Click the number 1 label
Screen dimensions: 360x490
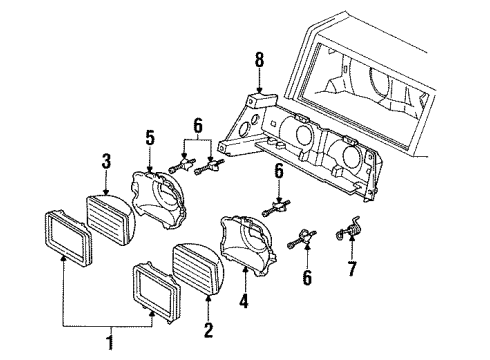(111, 344)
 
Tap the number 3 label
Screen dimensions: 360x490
(105, 160)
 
